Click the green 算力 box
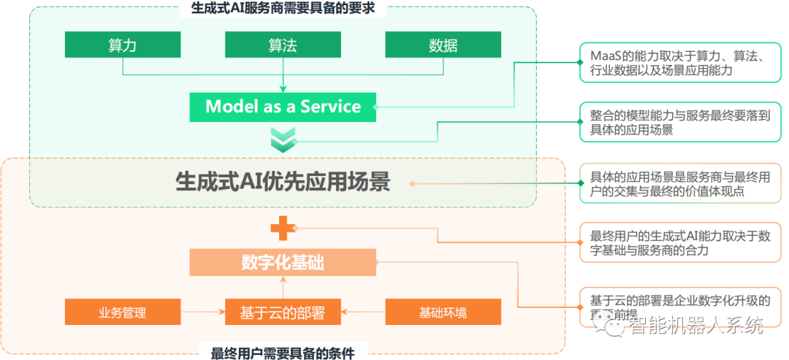(x=122, y=45)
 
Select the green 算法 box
(x=283, y=45)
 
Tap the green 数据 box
(x=443, y=45)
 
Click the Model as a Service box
(x=283, y=107)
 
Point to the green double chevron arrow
(x=283, y=139)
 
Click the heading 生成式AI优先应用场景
(x=283, y=181)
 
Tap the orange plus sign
(x=282, y=229)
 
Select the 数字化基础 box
(x=283, y=263)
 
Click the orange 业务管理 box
(x=122, y=313)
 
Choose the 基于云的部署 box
(x=283, y=313)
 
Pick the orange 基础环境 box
(x=443, y=313)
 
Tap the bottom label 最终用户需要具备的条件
(x=283, y=353)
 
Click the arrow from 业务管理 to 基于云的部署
(x=202, y=313)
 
